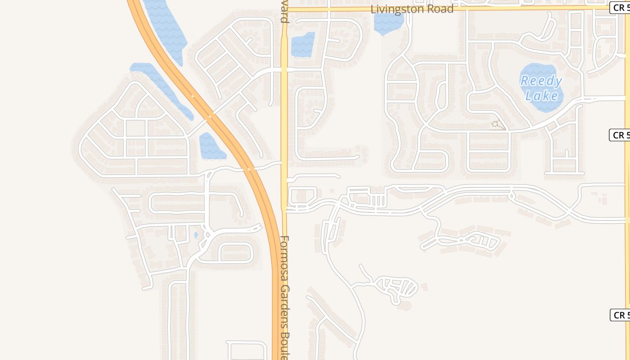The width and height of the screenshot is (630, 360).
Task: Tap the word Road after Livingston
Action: point(439,9)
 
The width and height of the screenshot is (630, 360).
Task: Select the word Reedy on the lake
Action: point(541,81)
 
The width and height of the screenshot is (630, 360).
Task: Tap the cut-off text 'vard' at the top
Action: point(284,13)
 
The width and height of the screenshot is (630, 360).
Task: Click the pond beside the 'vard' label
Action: point(302,45)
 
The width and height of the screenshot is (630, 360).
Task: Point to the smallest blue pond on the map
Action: point(196,234)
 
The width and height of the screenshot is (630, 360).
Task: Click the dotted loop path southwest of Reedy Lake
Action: point(497,126)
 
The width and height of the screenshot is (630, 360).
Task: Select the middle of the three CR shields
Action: point(620,135)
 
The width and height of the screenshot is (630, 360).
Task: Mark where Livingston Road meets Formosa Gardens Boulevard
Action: point(284,9)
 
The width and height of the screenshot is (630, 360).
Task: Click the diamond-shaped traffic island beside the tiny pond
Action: point(208,234)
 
